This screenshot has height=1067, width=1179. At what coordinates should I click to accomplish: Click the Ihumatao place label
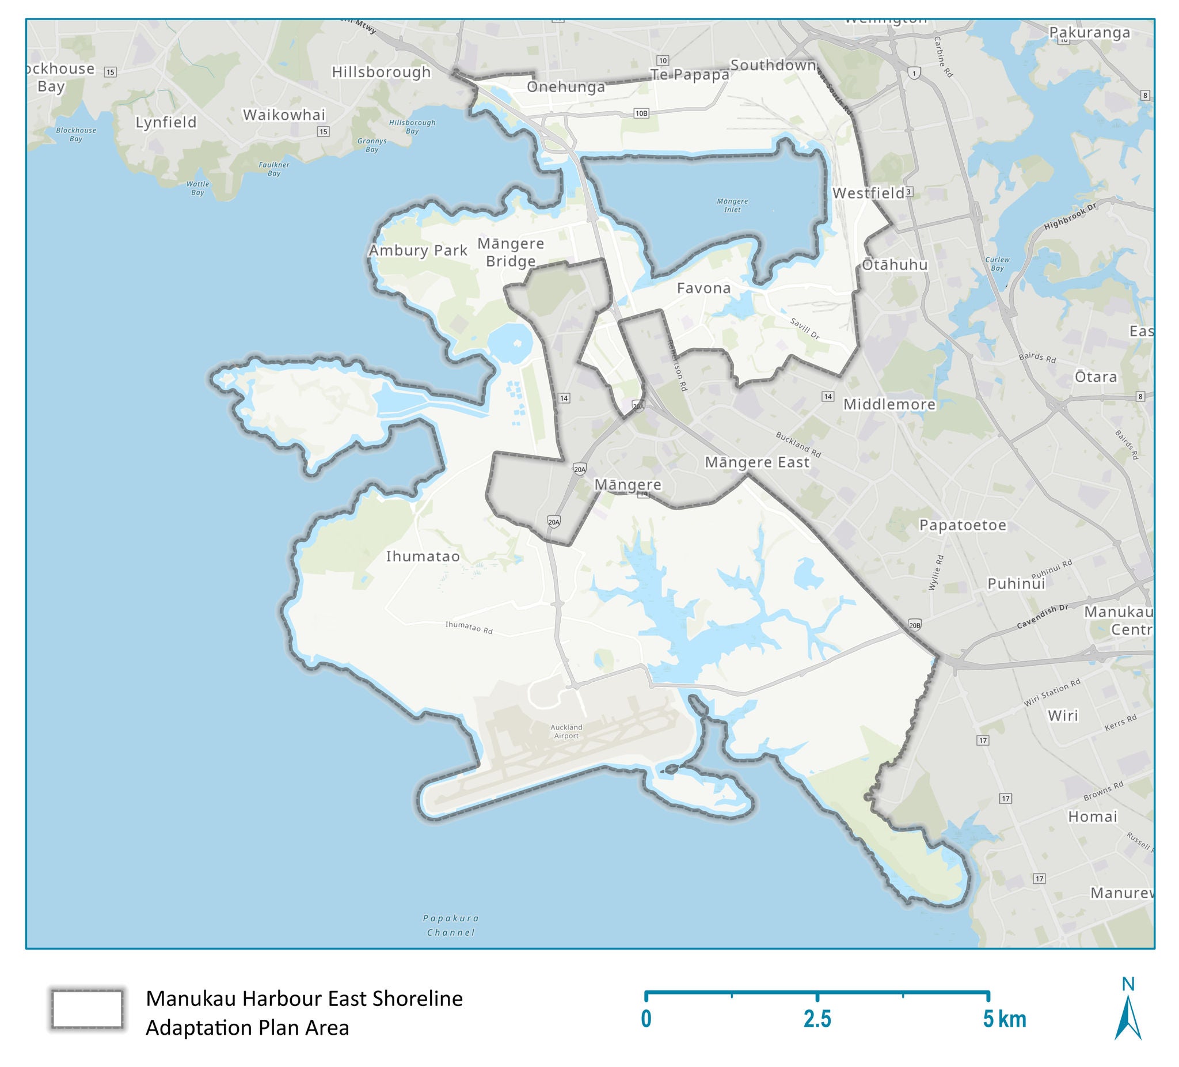423,556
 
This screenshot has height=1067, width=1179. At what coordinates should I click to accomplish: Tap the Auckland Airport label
566,732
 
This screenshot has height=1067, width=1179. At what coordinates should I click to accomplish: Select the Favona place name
703,288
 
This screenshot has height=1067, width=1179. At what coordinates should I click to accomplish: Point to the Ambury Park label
417,250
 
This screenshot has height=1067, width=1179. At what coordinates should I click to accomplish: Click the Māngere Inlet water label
732,206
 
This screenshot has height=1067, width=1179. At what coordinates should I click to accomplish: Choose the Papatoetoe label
963,525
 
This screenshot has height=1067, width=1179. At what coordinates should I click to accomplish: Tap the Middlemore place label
889,404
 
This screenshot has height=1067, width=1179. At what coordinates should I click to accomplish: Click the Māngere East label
757,462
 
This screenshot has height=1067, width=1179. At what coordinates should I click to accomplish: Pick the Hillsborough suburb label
381,72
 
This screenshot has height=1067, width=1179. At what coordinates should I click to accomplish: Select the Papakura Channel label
451,925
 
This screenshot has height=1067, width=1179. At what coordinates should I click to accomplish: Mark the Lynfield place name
166,122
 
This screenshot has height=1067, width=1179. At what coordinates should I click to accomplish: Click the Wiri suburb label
1063,715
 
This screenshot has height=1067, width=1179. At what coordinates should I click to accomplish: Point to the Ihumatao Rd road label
469,628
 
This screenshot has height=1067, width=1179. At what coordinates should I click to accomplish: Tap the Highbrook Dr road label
1070,217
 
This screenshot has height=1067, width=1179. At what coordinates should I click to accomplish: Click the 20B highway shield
915,625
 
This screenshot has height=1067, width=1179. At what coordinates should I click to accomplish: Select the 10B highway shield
641,113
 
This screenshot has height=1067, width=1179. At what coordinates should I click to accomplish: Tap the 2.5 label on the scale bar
817,1019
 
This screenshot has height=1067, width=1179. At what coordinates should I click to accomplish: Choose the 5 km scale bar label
1004,1019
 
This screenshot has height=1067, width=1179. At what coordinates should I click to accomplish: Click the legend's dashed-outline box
87,1009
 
